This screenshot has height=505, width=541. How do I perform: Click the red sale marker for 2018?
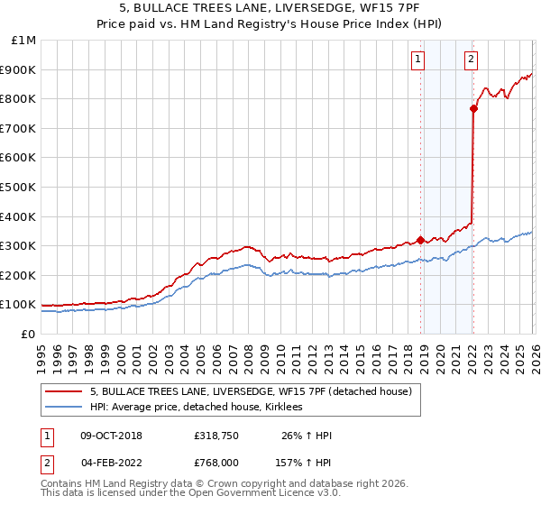click(x=420, y=240)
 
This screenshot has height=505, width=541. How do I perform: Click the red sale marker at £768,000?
click(x=473, y=108)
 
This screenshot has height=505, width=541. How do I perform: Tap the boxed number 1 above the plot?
click(x=418, y=60)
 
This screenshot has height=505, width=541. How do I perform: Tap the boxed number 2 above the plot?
click(x=472, y=60)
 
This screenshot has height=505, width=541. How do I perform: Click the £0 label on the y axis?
click(x=28, y=334)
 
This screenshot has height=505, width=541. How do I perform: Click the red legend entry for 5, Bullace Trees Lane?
click(x=251, y=391)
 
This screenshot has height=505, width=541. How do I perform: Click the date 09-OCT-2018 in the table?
click(x=111, y=436)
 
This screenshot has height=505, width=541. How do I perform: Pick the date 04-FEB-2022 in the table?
click(x=110, y=462)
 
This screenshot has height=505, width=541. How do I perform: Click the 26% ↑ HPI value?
click(x=307, y=436)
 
